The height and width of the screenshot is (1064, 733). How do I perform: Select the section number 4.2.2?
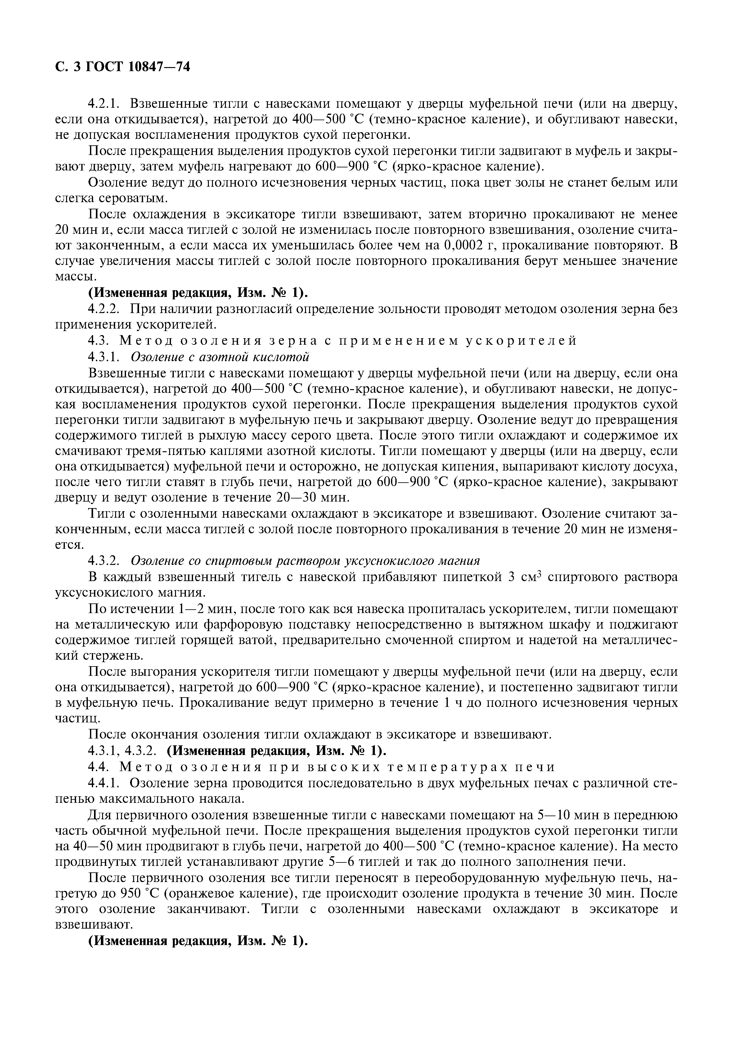coord(104,309)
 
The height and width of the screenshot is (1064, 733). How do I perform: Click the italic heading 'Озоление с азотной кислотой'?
coord(220,357)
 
